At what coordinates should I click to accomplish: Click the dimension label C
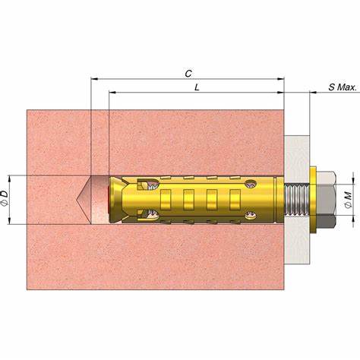[x=188, y=74]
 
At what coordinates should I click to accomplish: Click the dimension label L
[x=197, y=87]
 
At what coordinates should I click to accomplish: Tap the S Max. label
[x=343, y=87]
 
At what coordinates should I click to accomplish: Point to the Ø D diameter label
[x=5, y=198]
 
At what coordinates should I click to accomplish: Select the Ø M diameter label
[x=349, y=200]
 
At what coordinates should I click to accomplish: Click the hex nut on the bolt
[x=327, y=200]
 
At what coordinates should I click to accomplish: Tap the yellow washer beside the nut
[x=313, y=200]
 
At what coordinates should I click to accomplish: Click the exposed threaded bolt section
[x=297, y=200]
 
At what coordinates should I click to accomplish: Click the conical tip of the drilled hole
[x=77, y=200]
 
